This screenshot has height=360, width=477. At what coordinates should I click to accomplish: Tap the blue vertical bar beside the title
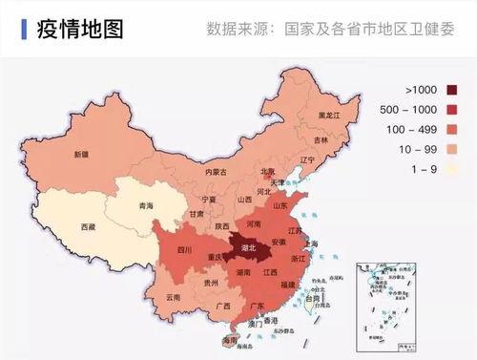tap(22, 28)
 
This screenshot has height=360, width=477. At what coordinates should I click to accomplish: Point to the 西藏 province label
tap(88, 227)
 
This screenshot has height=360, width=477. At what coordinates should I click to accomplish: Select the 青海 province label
tap(146, 205)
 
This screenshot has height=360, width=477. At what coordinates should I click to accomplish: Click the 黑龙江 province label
tap(329, 115)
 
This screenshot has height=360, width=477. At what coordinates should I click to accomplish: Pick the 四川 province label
tap(171, 250)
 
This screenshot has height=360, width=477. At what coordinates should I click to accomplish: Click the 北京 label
tap(268, 173)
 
